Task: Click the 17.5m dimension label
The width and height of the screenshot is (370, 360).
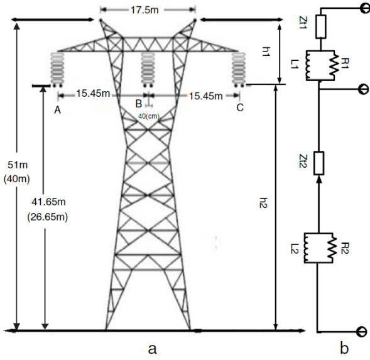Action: click(144, 10)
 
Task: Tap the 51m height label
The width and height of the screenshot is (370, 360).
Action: click(18, 165)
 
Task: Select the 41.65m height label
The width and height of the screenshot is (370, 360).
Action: click(48, 202)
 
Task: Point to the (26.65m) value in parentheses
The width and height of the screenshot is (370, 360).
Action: click(48, 217)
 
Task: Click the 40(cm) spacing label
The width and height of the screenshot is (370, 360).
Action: click(149, 116)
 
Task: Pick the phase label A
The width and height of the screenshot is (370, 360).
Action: click(57, 110)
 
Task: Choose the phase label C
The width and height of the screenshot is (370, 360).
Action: click(240, 107)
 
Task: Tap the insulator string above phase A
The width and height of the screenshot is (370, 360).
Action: click(57, 70)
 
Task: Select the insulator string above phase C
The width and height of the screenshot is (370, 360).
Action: click(239, 70)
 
